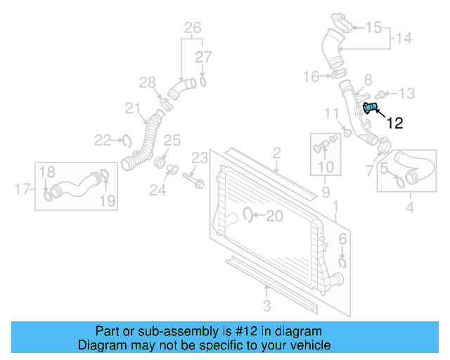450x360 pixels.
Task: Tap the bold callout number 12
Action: pyautogui.click(x=395, y=123)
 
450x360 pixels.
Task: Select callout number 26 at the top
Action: pyautogui.click(x=192, y=28)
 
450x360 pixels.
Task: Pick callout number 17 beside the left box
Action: pyautogui.click(x=22, y=188)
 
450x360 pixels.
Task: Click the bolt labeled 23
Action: pyautogui.click(x=191, y=177)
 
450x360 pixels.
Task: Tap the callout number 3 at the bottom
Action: pyautogui.click(x=266, y=305)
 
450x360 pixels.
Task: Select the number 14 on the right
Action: pyautogui.click(x=403, y=38)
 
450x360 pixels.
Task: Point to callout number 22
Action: pyautogui.click(x=103, y=140)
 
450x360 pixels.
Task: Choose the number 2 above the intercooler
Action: pyautogui.click(x=276, y=152)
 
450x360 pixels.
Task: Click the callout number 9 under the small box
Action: pyautogui.click(x=325, y=191)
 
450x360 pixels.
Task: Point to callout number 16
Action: pyautogui.click(x=311, y=76)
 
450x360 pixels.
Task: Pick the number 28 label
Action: pyautogui.click(x=146, y=83)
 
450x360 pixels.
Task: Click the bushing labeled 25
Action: pyautogui.click(x=160, y=164)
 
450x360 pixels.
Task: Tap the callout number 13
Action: pyautogui.click(x=407, y=93)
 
